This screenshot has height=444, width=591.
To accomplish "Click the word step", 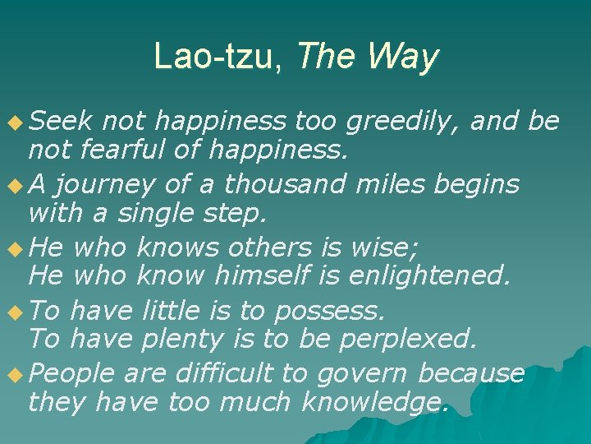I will coord(236,214).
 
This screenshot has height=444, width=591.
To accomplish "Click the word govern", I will coord(361,374).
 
